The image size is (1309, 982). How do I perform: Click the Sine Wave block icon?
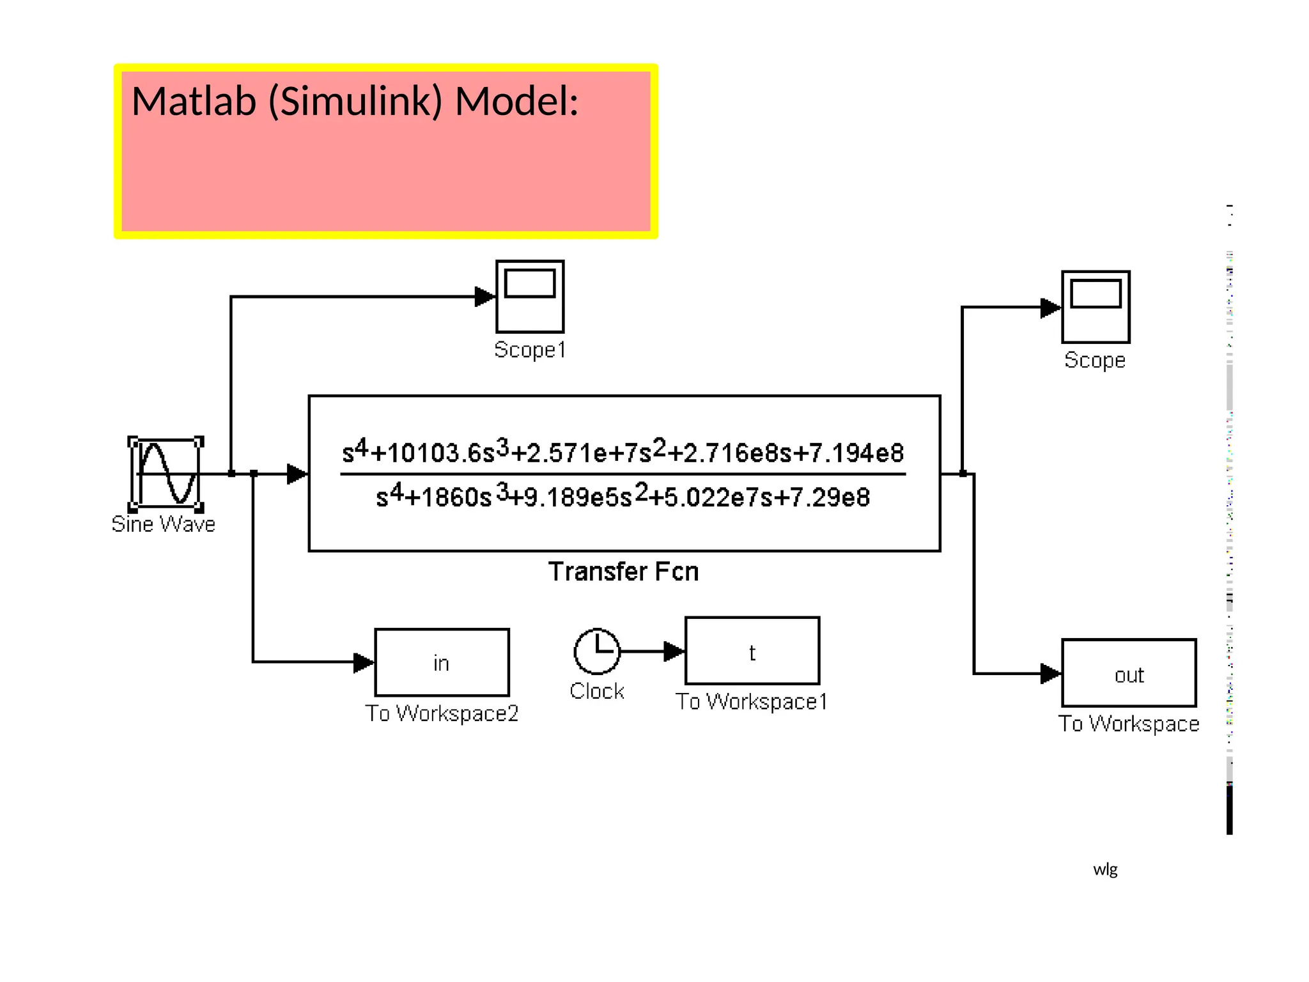166,474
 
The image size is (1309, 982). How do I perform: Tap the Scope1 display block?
530,296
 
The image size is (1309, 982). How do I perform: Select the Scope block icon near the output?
1096,307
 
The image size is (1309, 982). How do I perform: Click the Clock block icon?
597,651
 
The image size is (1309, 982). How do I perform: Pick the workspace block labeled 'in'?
442,662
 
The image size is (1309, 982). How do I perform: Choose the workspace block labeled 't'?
752,651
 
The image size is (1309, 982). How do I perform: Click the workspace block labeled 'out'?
1129,673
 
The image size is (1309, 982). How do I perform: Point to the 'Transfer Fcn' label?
623,572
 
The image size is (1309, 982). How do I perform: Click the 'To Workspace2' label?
442,713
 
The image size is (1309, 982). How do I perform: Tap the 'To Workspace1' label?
752,702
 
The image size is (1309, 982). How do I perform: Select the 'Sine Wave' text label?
163,524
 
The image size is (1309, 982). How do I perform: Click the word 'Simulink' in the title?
355,102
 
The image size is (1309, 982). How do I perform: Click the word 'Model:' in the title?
516,102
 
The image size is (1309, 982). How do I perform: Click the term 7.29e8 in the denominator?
831,497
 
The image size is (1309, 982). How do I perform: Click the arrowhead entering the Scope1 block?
485,297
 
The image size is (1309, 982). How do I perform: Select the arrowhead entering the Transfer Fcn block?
297,474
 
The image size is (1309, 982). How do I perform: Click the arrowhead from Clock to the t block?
674,651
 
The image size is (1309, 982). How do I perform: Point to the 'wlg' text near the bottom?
1105,869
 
